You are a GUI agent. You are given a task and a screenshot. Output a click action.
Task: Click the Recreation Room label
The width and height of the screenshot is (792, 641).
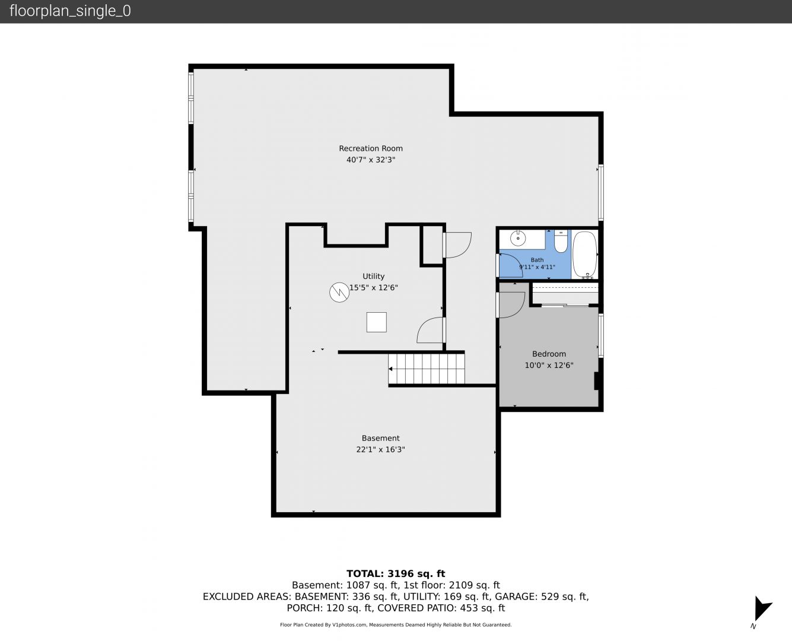click(371, 148)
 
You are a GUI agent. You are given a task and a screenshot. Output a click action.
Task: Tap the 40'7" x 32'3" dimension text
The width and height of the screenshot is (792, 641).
click(371, 160)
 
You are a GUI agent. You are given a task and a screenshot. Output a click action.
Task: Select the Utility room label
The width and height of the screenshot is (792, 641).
click(373, 277)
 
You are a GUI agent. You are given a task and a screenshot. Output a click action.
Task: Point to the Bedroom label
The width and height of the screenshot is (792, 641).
click(549, 354)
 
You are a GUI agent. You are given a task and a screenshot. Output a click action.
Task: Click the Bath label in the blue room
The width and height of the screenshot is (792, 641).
click(537, 260)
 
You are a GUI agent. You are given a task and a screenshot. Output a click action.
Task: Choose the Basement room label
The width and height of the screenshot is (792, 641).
click(380, 438)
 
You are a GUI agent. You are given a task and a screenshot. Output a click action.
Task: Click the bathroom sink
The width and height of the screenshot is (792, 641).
click(517, 238)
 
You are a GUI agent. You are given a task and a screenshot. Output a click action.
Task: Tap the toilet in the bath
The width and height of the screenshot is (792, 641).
click(561, 242)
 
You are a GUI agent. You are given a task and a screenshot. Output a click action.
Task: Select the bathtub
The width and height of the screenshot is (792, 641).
click(584, 255)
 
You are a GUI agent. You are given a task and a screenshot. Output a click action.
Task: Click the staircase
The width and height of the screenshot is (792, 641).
click(427, 369)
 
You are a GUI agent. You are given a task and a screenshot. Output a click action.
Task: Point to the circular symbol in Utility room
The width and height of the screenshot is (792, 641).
click(339, 293)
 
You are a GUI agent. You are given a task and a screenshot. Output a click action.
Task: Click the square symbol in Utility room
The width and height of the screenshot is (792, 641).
click(376, 322)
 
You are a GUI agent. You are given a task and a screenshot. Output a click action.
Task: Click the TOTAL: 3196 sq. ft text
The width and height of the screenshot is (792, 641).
click(396, 574)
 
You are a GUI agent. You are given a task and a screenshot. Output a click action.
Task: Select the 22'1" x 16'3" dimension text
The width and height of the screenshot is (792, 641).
click(380, 449)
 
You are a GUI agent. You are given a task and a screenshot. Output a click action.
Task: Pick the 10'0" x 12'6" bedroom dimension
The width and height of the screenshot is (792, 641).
click(549, 366)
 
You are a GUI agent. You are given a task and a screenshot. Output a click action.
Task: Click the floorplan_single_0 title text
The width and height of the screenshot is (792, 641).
click(70, 11)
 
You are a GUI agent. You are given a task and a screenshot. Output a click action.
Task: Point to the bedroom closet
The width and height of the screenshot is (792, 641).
click(565, 294)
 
